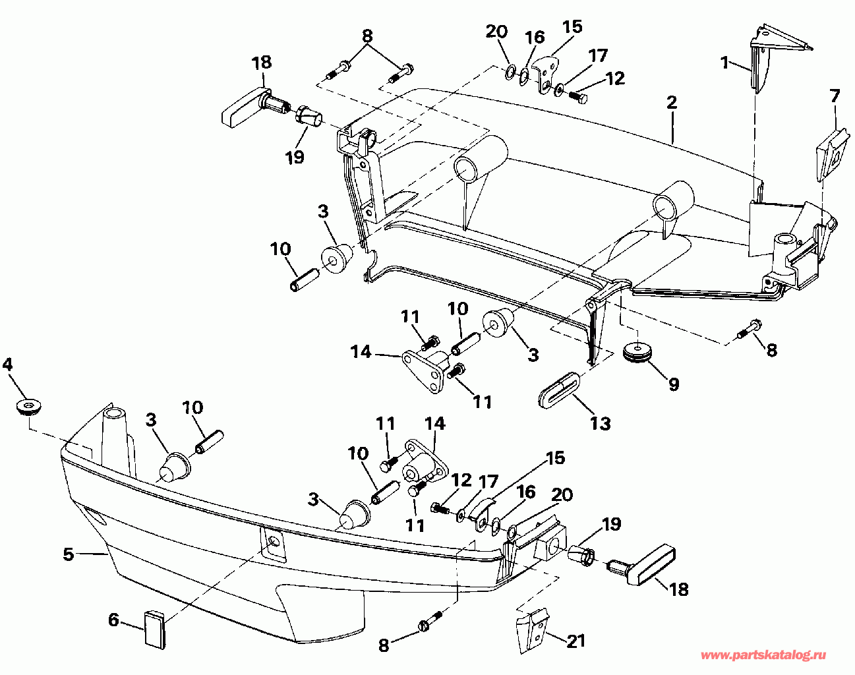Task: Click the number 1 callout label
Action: coord(724,63)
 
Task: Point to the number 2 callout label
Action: coord(672,102)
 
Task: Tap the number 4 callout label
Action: coord(8,364)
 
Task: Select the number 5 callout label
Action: coord(69,554)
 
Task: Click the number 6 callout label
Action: coord(114,620)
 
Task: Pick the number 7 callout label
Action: coord(835,96)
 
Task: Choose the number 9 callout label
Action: coord(673,384)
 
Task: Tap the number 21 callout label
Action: coord(575,640)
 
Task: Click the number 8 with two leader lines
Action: coord(367,36)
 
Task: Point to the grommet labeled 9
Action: coord(637,351)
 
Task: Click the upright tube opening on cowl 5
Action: coord(113,415)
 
